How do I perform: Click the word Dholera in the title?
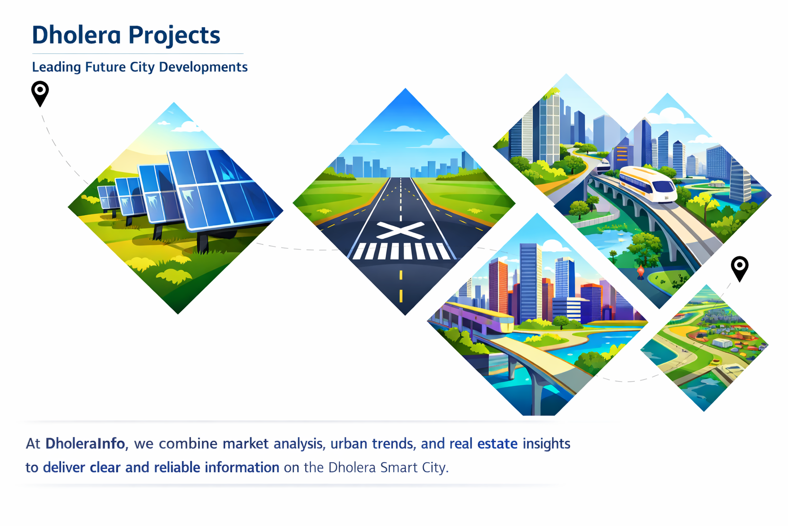pos(76,35)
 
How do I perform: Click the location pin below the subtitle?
pos(40,92)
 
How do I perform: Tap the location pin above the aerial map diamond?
pos(739,268)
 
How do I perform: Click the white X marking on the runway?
pos(400,230)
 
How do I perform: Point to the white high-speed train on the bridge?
pos(647,183)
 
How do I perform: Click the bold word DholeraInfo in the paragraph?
pos(85,443)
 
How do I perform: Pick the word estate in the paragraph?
pos(497,443)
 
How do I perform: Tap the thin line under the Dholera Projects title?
pos(137,53)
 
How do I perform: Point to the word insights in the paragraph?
pos(546,444)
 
